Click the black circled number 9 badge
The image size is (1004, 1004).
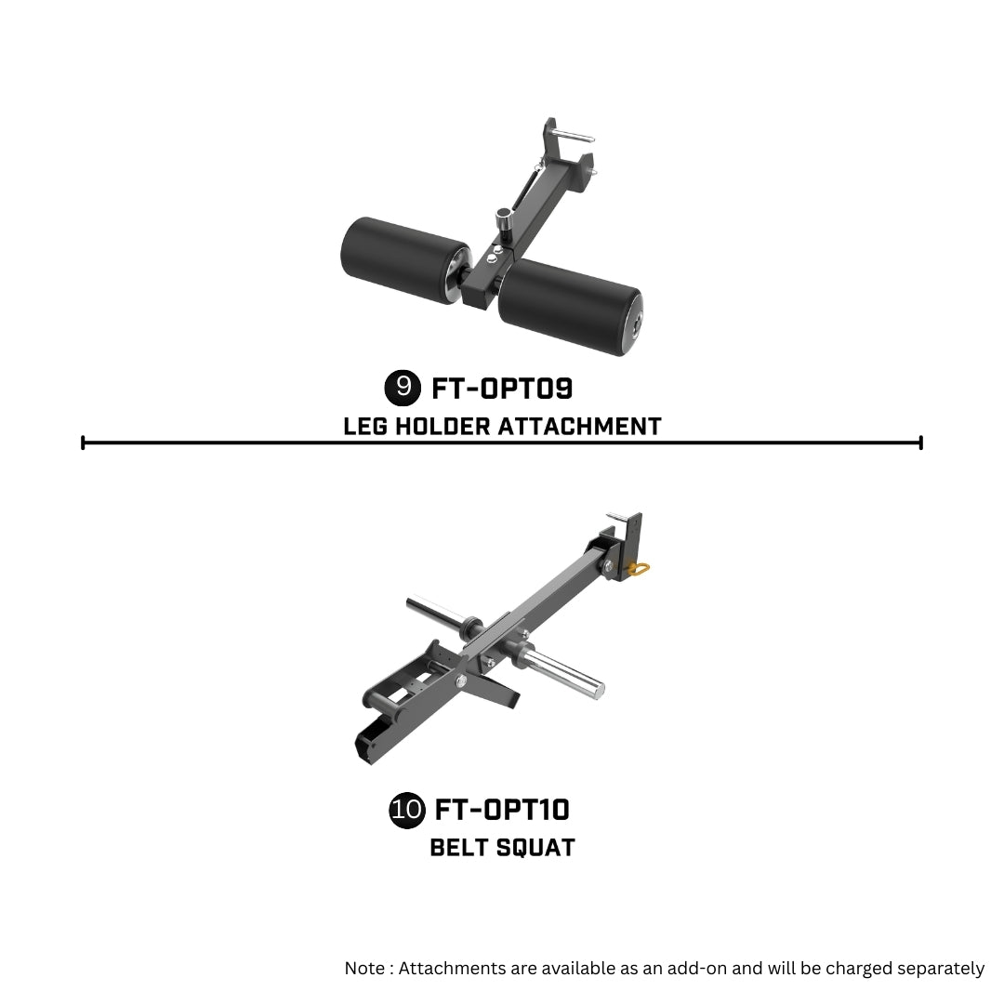[x=403, y=388]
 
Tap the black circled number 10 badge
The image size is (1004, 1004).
[x=407, y=810]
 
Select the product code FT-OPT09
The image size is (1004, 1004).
[x=502, y=388]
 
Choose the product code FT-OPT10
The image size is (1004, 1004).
[x=502, y=810]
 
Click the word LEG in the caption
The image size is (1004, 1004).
[x=365, y=427]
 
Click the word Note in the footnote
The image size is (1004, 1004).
[x=365, y=968]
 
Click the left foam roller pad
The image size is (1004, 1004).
[x=404, y=258]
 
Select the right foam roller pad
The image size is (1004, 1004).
[x=570, y=308]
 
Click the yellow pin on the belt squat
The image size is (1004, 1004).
[x=639, y=568]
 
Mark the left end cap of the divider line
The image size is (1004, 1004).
[x=83, y=443]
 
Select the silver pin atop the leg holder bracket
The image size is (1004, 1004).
[x=573, y=135]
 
